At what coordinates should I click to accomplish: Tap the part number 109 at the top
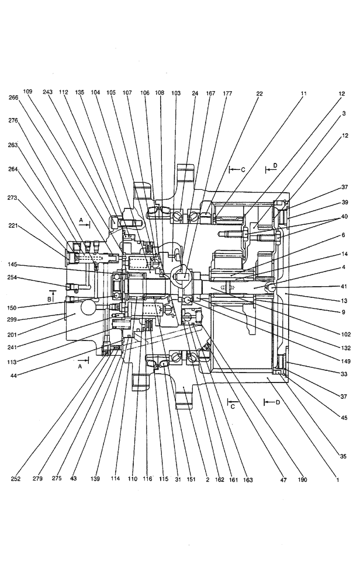point(27,92)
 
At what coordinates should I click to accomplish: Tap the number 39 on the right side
point(345,202)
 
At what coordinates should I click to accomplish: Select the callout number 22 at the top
point(259,93)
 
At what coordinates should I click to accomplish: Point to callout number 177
point(228,93)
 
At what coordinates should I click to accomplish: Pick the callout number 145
point(13,264)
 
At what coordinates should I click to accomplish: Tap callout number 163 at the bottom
point(248,479)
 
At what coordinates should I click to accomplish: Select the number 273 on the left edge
point(13,197)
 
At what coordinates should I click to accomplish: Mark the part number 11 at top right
point(304,93)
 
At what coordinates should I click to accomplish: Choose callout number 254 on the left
point(13,277)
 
